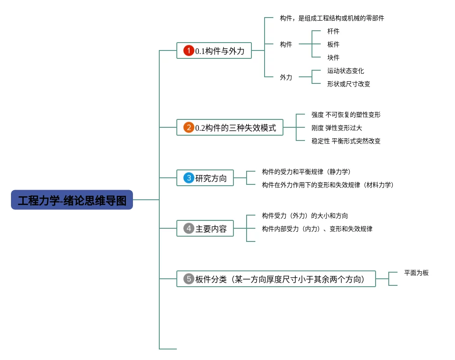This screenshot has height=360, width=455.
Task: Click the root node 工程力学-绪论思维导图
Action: pyautogui.click(x=72, y=200)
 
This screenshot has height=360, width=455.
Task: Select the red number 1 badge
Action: pyautogui.click(x=189, y=51)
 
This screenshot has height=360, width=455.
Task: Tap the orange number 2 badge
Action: pyautogui.click(x=189, y=128)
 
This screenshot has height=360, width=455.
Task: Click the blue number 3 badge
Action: pyautogui.click(x=189, y=178)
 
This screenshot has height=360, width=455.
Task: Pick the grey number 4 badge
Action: pyautogui.click(x=189, y=228)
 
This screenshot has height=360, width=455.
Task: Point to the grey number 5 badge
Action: pyautogui.click(x=189, y=279)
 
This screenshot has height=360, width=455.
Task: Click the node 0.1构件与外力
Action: pyautogui.click(x=219, y=51)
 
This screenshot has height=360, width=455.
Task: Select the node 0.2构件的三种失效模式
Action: pyautogui.click(x=236, y=128)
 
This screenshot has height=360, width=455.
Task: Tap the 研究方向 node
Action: pyautogui.click(x=211, y=178)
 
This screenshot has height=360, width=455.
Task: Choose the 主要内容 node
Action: pyautogui.click(x=211, y=228)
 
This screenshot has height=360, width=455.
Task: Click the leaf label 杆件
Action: pyautogui.click(x=333, y=31)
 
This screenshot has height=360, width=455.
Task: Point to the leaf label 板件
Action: pyautogui.click(x=333, y=44)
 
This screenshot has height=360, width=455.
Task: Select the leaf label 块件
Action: pyautogui.click(x=333, y=58)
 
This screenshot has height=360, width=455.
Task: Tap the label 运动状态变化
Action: pyautogui.click(x=346, y=71)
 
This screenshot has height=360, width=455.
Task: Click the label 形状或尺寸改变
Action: pyautogui.click(x=349, y=84)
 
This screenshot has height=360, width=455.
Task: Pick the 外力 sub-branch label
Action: pyautogui.click(x=286, y=77)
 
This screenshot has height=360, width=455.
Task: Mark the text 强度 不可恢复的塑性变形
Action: pyautogui.click(x=346, y=115)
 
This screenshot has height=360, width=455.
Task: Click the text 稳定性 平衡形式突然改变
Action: pyautogui.click(x=346, y=141)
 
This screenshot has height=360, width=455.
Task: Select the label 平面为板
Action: pyautogui.click(x=416, y=273)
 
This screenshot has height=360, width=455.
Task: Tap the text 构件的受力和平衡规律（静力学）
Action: pyautogui.click(x=306, y=172)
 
